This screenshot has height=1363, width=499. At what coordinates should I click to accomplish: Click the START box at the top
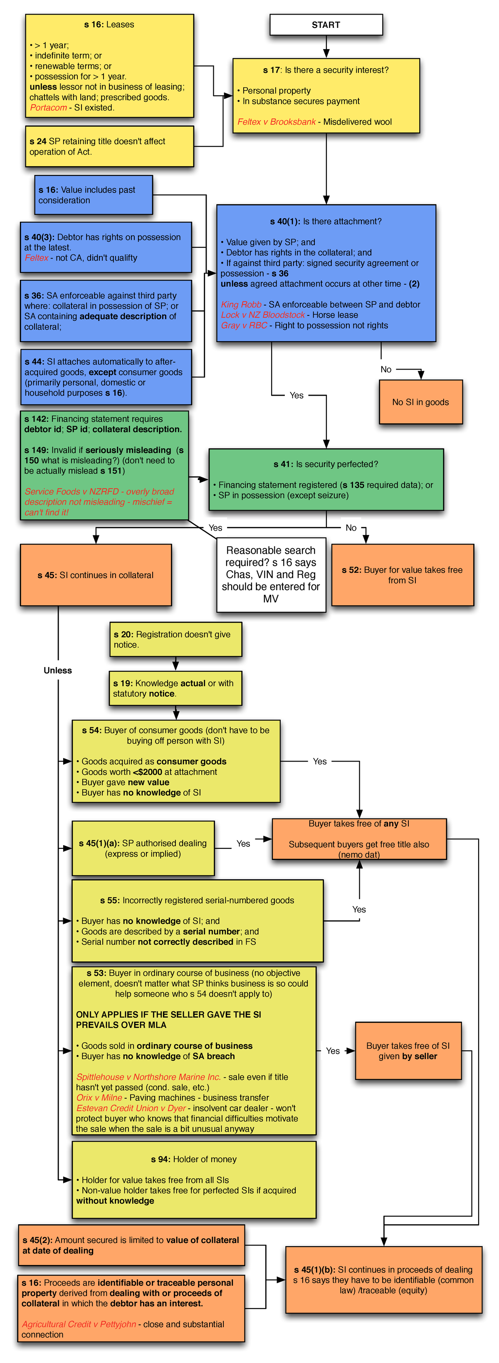(326, 25)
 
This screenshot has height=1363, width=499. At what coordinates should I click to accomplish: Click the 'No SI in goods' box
(421, 402)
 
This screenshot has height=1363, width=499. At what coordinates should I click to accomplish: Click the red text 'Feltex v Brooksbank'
(276, 122)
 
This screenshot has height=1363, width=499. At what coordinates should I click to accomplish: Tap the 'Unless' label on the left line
(58, 670)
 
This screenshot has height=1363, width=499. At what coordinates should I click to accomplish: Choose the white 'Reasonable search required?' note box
(271, 574)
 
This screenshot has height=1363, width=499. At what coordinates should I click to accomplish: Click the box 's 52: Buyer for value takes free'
(402, 575)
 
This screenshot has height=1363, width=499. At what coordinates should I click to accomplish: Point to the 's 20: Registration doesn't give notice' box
(175, 640)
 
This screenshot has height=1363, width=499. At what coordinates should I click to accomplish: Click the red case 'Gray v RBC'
(244, 326)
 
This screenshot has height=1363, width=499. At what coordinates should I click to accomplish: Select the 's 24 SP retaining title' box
(109, 147)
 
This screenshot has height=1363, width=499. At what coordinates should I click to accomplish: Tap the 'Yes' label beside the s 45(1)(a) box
(243, 844)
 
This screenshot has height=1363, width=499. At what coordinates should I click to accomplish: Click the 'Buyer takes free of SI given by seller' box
(408, 1051)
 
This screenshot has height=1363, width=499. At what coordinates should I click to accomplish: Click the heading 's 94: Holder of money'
(194, 1159)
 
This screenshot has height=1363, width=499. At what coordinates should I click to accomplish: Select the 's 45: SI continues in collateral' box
(96, 575)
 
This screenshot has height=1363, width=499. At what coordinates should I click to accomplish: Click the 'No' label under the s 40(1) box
(386, 369)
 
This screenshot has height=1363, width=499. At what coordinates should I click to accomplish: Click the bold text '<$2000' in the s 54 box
(148, 772)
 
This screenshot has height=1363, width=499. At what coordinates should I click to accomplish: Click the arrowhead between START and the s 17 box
(326, 54)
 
